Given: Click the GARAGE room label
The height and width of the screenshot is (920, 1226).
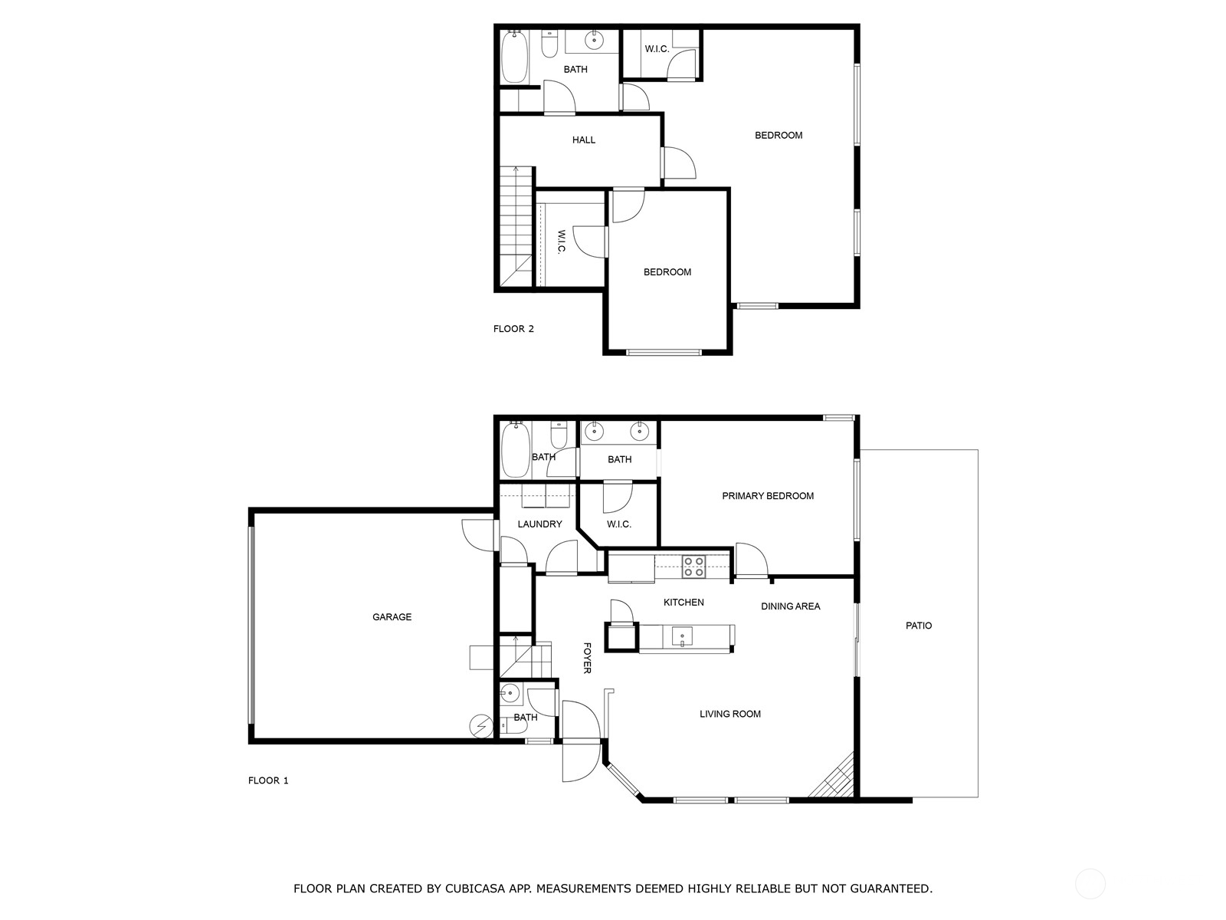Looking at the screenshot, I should [392, 616].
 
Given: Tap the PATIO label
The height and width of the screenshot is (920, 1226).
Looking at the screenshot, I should [919, 626].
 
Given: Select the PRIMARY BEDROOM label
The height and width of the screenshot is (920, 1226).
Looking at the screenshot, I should [768, 496].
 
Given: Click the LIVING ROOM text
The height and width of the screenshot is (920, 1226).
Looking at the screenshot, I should [730, 714].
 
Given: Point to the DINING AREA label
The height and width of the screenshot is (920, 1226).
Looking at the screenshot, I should [791, 606].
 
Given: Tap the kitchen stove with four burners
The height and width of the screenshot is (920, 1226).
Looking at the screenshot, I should [693, 567].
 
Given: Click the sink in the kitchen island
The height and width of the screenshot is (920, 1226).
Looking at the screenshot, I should [682, 636].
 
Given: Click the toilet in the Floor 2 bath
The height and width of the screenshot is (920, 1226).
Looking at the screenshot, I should [549, 47].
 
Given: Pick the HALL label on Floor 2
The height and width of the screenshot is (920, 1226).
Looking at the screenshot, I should [584, 140].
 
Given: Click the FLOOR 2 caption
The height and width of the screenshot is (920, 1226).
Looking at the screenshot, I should [513, 329].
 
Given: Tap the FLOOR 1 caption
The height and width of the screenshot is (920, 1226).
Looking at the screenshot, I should [268, 780].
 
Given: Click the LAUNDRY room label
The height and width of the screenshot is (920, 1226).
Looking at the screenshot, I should [540, 524].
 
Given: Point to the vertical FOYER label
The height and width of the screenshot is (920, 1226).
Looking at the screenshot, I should [587, 658].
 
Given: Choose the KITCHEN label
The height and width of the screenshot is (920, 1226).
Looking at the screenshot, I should [683, 603].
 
